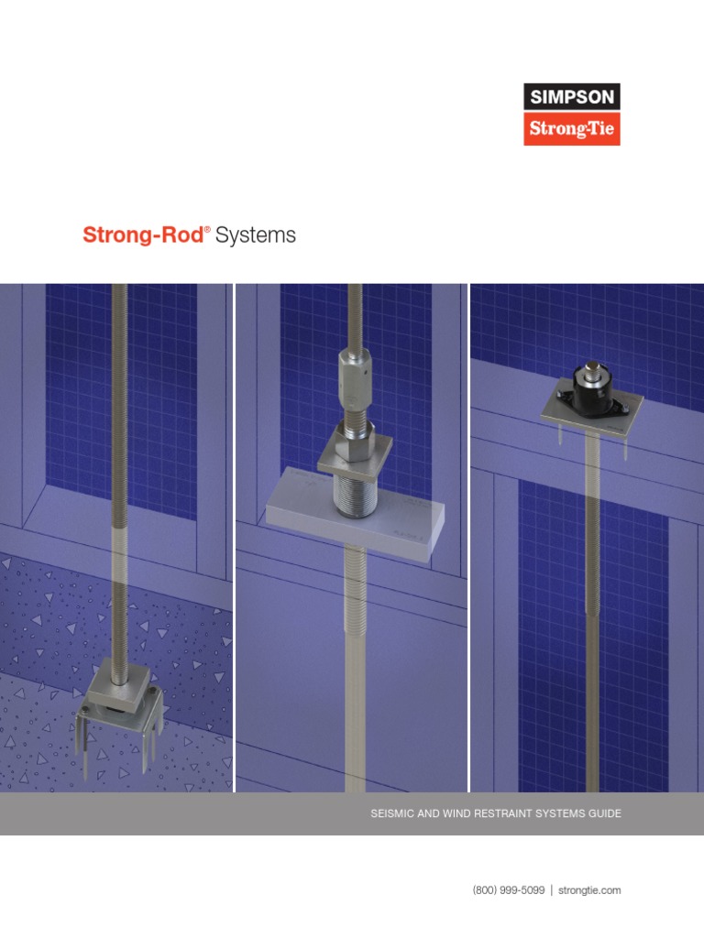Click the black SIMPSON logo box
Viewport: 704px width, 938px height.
coord(571,97)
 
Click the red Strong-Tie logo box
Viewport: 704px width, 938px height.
coord(571,129)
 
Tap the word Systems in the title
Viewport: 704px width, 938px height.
coord(256,235)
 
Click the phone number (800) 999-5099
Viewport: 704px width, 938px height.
coord(509,889)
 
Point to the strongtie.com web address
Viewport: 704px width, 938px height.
coord(590,889)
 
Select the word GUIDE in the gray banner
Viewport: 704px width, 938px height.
coord(604,813)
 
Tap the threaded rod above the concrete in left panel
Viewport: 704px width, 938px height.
coord(119,412)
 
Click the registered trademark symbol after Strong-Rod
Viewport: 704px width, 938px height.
coord(208,229)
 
